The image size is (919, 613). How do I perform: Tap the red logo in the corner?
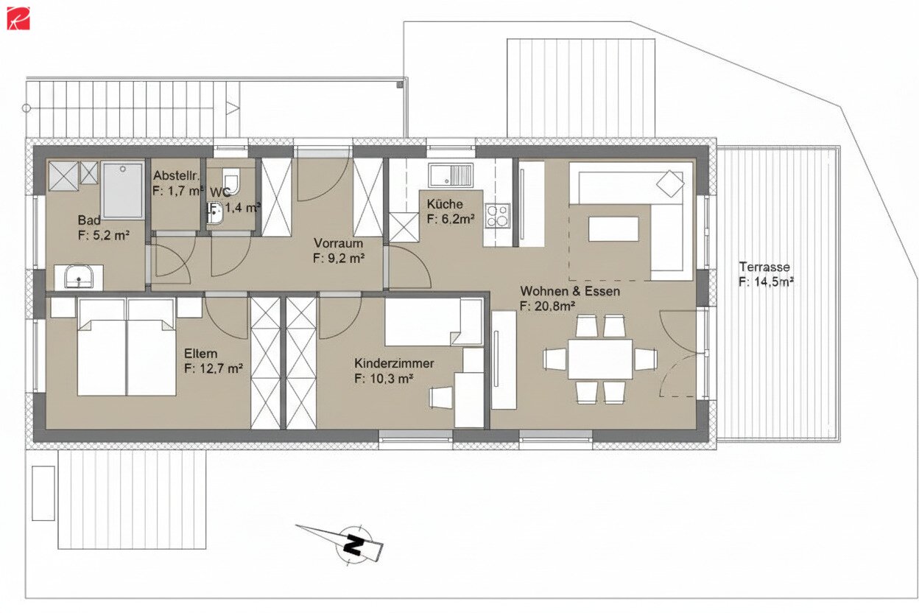coord(18,18)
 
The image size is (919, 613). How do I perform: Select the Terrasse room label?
coord(765,267)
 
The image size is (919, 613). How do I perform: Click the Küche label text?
coord(445,204)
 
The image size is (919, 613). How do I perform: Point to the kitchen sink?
coord(452,176)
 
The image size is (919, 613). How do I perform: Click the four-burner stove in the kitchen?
coord(498,215)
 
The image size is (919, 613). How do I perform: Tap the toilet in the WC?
coord(231,179)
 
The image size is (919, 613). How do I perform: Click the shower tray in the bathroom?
coord(123,190)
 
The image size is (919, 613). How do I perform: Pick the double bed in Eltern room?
coord(127,346)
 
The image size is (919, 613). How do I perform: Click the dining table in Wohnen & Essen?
coord(600,359)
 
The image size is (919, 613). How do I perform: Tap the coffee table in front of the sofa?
coord(613,229)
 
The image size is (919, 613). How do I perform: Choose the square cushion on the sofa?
coord(670,183)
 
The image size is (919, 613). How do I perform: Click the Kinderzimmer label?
coord(394,364)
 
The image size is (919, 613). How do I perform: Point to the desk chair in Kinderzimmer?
coord(441,397)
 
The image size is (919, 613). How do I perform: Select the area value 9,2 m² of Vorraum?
coord(339,258)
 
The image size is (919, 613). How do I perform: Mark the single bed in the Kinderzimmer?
coord(433,322)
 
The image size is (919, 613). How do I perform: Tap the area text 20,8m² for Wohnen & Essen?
coord(547,306)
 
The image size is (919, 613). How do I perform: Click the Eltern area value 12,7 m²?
coord(214,368)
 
